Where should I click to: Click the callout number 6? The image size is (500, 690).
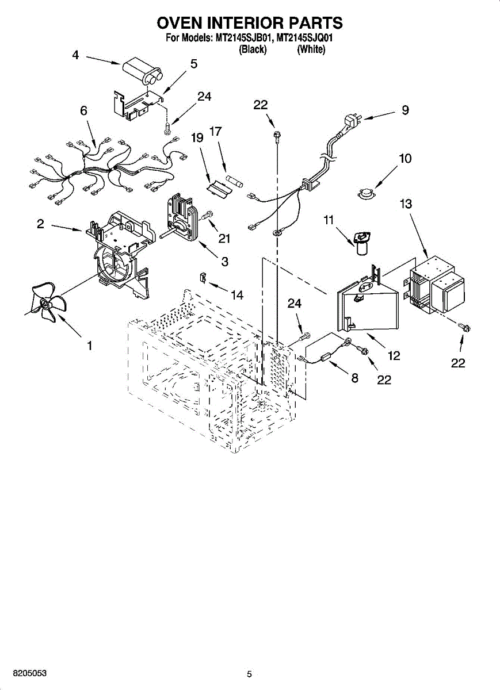84,111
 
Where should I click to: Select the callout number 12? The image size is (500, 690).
394,355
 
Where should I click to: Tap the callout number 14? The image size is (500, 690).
236,295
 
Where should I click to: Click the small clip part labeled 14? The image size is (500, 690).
203,277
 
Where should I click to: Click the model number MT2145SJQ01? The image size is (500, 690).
306,39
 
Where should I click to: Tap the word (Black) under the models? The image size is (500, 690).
253,50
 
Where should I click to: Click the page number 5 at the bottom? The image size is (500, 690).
249,674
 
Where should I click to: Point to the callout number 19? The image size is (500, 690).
197,138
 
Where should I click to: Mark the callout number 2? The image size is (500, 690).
40,224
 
